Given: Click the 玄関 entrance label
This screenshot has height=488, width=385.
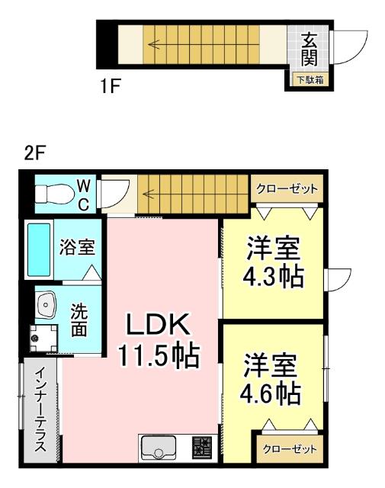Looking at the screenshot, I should (309, 47).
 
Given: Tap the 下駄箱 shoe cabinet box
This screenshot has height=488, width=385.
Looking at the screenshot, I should (310, 80).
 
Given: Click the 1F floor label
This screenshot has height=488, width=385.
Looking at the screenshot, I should (111, 86).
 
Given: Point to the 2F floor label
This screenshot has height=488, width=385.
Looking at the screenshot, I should (35, 152).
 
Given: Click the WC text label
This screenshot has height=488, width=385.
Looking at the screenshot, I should (84, 194).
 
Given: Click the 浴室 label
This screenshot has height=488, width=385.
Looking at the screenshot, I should (77, 248).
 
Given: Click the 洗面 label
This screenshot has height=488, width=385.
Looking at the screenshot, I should (80, 320).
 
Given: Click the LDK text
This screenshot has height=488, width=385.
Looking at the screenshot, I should (157, 326).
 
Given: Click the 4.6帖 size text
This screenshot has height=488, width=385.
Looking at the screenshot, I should (271, 394).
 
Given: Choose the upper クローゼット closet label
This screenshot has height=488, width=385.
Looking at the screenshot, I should (287, 189).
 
